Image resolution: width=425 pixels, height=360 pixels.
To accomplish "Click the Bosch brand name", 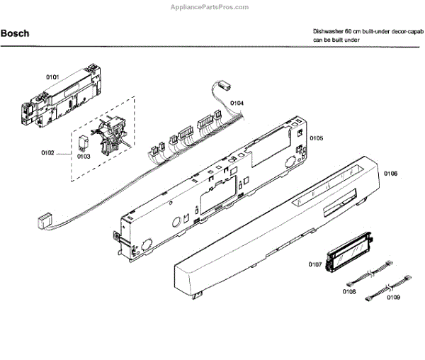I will [15, 33].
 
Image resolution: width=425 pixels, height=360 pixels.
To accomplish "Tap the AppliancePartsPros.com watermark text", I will [210, 6].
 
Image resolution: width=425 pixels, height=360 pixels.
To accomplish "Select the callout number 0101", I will [52, 76].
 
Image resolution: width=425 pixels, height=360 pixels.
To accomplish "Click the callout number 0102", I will [48, 152].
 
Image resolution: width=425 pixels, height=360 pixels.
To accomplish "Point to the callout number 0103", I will [84, 156].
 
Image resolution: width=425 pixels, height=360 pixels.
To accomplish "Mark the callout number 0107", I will [316, 265].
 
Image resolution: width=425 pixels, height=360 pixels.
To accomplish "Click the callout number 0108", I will [349, 291].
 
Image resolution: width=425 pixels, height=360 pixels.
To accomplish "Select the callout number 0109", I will [394, 298].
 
